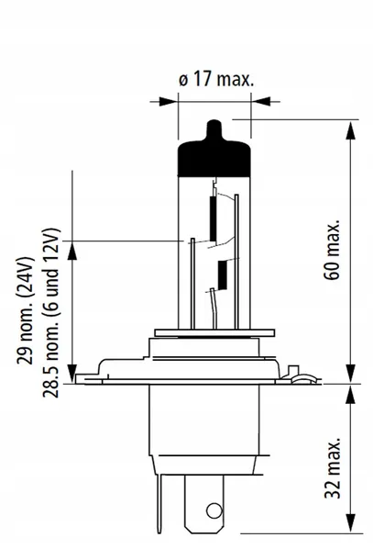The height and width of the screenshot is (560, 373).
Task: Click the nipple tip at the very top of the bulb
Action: pos(213,123)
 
